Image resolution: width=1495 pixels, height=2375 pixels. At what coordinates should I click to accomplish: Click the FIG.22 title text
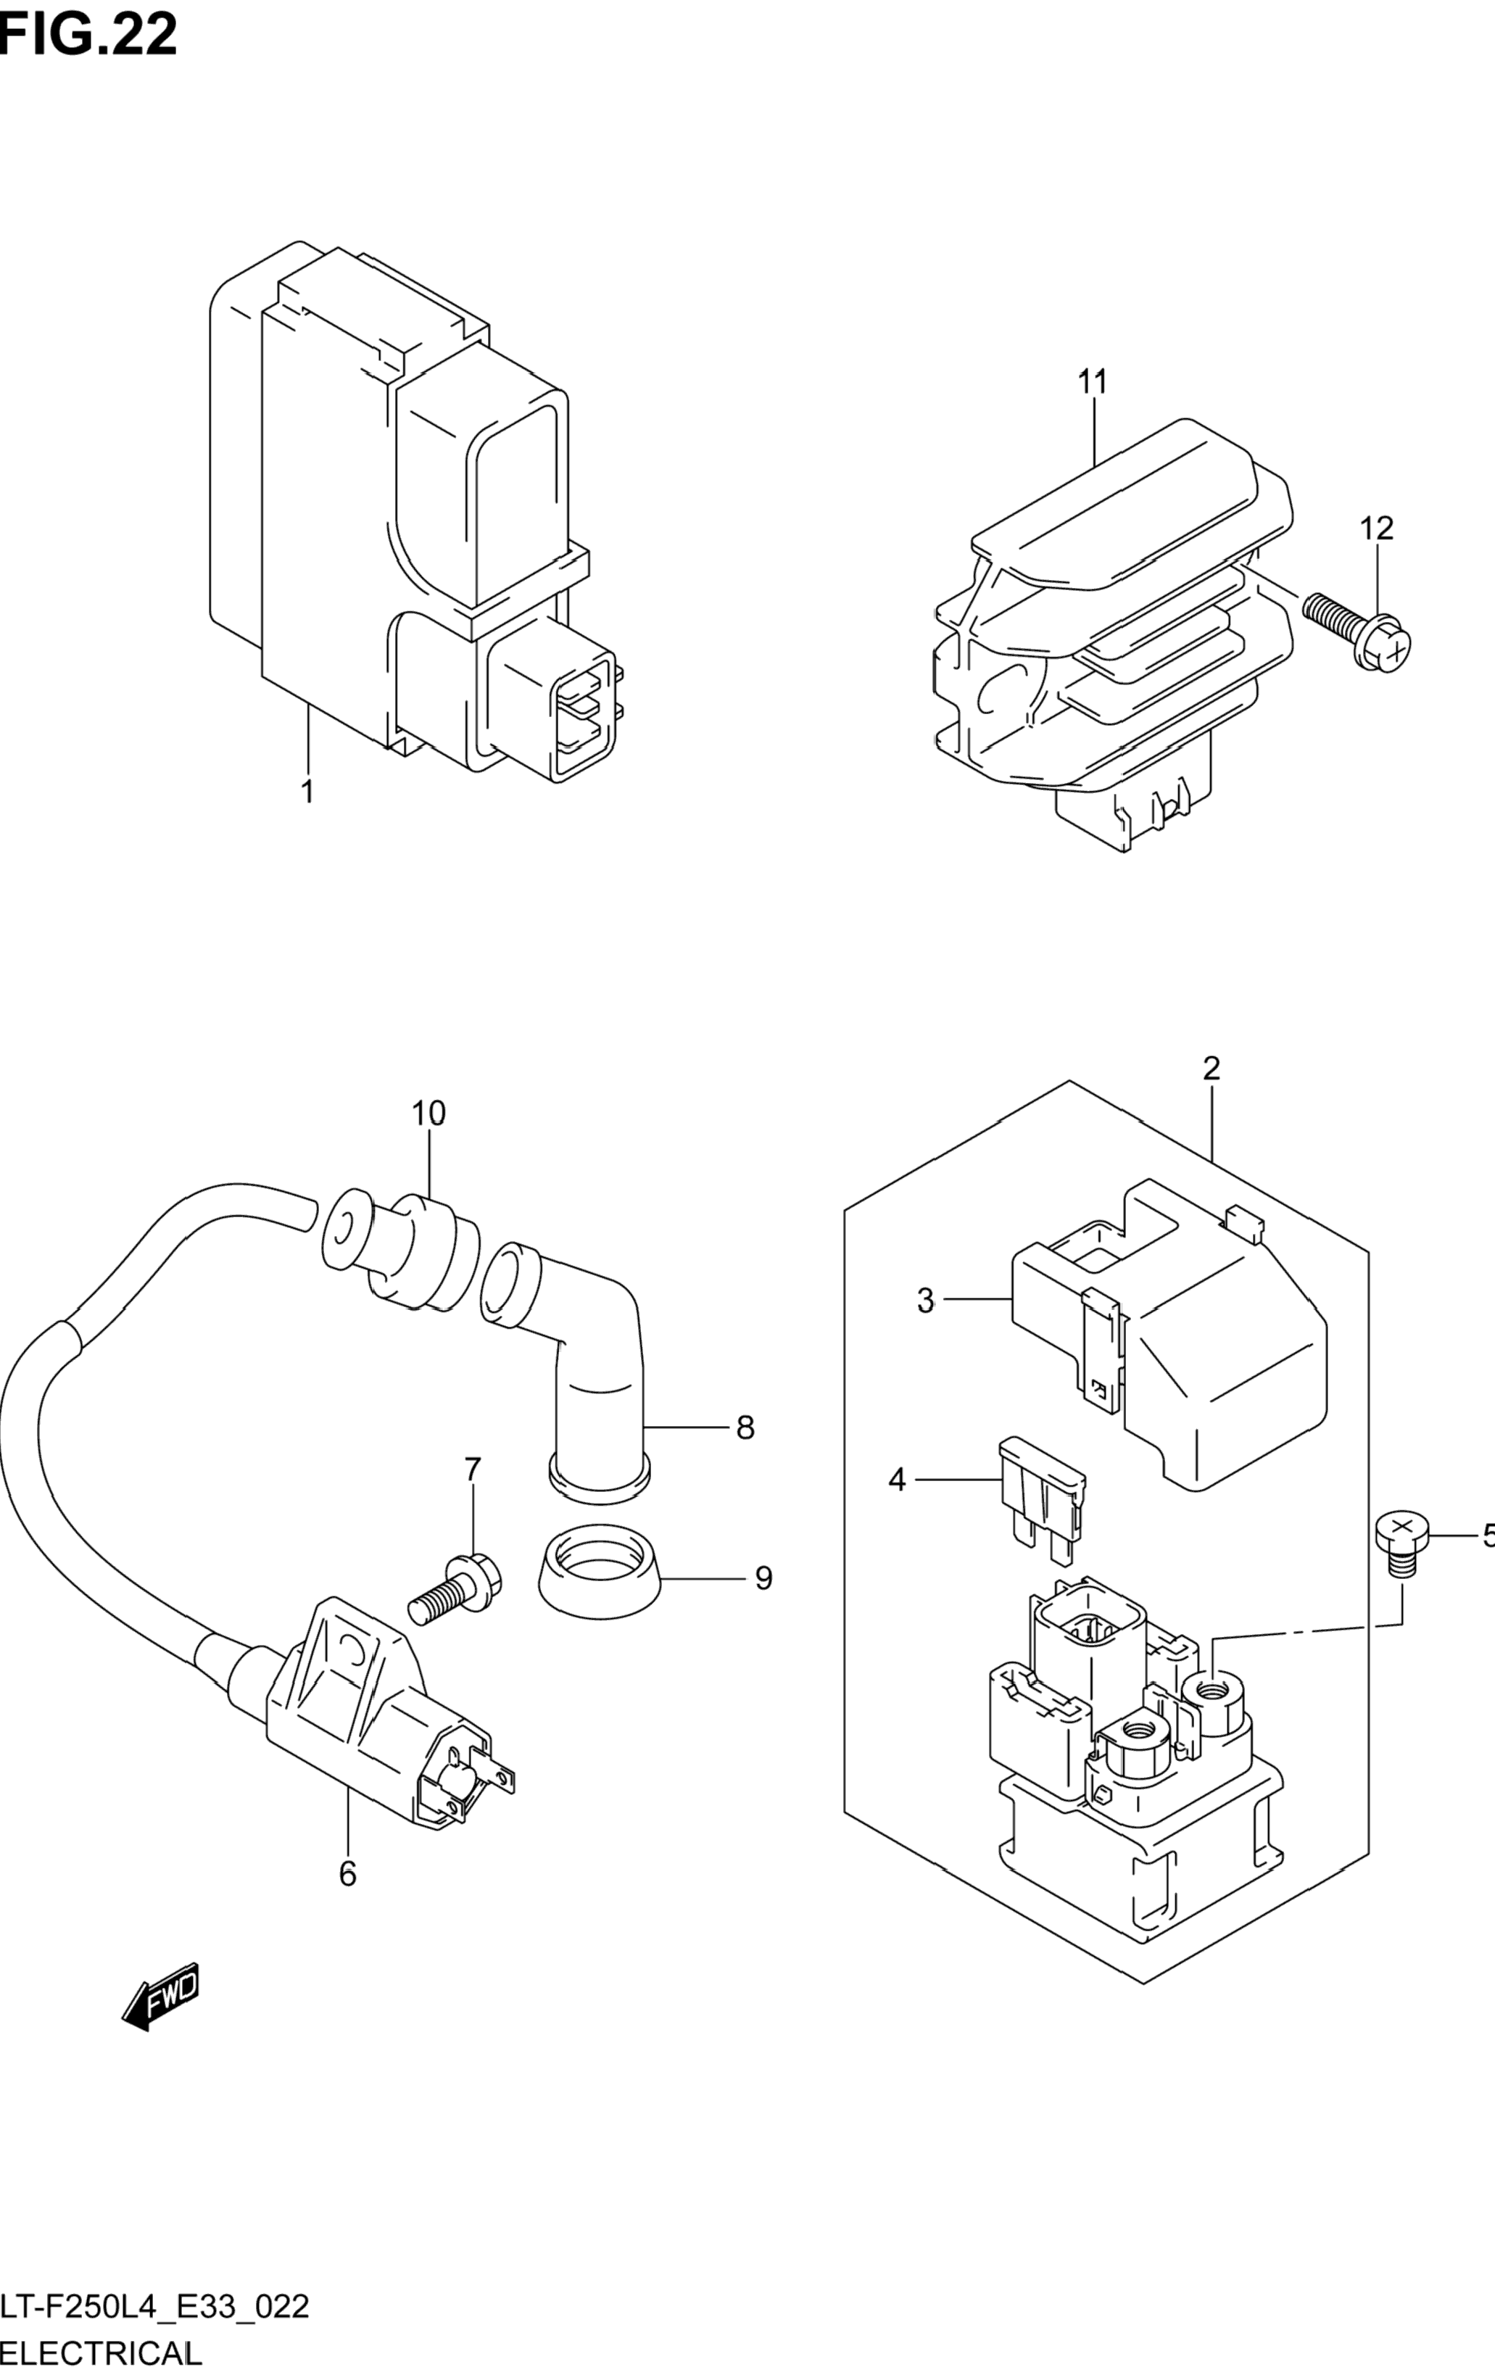[x=88, y=35]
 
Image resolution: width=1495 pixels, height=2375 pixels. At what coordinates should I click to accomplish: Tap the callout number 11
[x=1093, y=381]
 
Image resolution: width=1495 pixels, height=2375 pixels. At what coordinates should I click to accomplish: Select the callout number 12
[x=1377, y=529]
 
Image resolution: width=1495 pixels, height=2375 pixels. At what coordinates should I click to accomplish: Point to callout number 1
[x=307, y=791]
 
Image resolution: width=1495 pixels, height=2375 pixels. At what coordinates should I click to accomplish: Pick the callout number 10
[x=429, y=1114]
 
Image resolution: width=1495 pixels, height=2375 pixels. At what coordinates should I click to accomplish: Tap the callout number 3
[x=925, y=1301]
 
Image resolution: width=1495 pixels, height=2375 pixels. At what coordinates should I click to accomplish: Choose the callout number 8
[x=745, y=1427]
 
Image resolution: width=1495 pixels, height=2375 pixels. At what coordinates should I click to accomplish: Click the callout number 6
[x=347, y=1874]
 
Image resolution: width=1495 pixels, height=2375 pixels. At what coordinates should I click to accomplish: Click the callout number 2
[x=1211, y=1068]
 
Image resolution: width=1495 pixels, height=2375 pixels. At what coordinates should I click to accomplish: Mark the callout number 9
[x=763, y=1579]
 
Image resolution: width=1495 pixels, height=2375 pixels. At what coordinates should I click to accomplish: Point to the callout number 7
[x=473, y=1497]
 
